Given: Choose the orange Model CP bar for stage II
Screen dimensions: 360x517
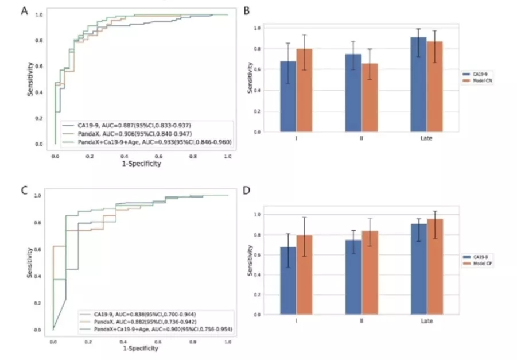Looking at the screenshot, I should [x=370, y=273].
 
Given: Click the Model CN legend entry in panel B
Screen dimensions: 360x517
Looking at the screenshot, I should [x=477, y=81].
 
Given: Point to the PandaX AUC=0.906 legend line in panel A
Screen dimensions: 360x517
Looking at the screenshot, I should [x=135, y=131].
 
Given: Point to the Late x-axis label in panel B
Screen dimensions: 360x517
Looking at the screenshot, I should [x=426, y=140].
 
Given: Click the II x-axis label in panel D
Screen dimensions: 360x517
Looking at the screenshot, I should [x=361, y=320].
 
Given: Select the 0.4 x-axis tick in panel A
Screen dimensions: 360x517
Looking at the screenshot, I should [x=124, y=155].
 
